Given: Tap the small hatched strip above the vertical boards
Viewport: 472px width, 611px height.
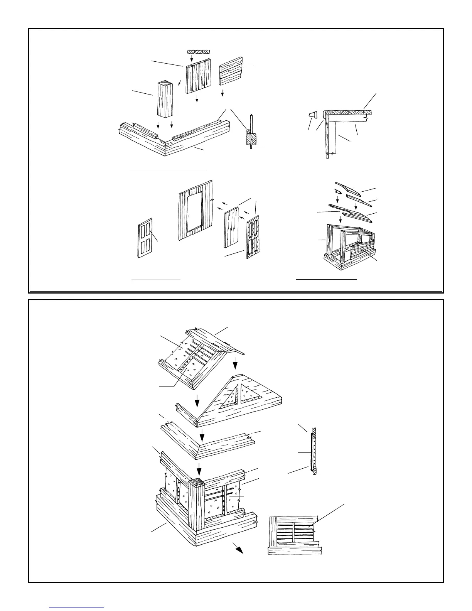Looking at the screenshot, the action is point(199,51).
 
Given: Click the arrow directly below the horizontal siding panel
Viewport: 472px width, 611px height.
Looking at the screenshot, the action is point(223,93).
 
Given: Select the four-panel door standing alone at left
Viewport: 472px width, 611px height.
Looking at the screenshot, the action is point(145,237).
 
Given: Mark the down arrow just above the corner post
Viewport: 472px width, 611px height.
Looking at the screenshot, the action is point(199,469).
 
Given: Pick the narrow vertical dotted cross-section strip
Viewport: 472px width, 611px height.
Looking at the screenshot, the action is point(315,451).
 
